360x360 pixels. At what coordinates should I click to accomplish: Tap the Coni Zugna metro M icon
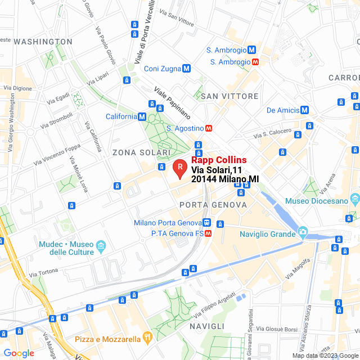click(186, 69)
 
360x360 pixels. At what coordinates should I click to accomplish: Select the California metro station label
click(121, 116)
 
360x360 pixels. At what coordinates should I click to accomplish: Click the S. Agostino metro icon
click(208, 128)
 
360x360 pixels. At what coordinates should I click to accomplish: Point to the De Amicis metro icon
click(304, 110)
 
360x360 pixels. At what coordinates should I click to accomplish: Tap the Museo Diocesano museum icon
click(354, 200)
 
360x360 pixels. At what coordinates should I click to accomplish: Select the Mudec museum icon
click(101, 246)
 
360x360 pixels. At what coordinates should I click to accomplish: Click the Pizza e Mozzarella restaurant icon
click(147, 338)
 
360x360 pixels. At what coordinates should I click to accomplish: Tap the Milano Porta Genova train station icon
click(208, 223)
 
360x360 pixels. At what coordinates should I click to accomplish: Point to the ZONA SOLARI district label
click(141, 153)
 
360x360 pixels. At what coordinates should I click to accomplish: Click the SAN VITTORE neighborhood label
click(229, 96)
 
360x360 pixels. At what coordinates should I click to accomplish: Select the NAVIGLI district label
click(207, 326)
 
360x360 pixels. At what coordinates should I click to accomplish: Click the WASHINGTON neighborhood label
click(43, 42)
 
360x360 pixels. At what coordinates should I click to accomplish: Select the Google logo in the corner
click(18, 353)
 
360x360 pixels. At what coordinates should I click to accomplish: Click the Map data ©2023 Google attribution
click(324, 355)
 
